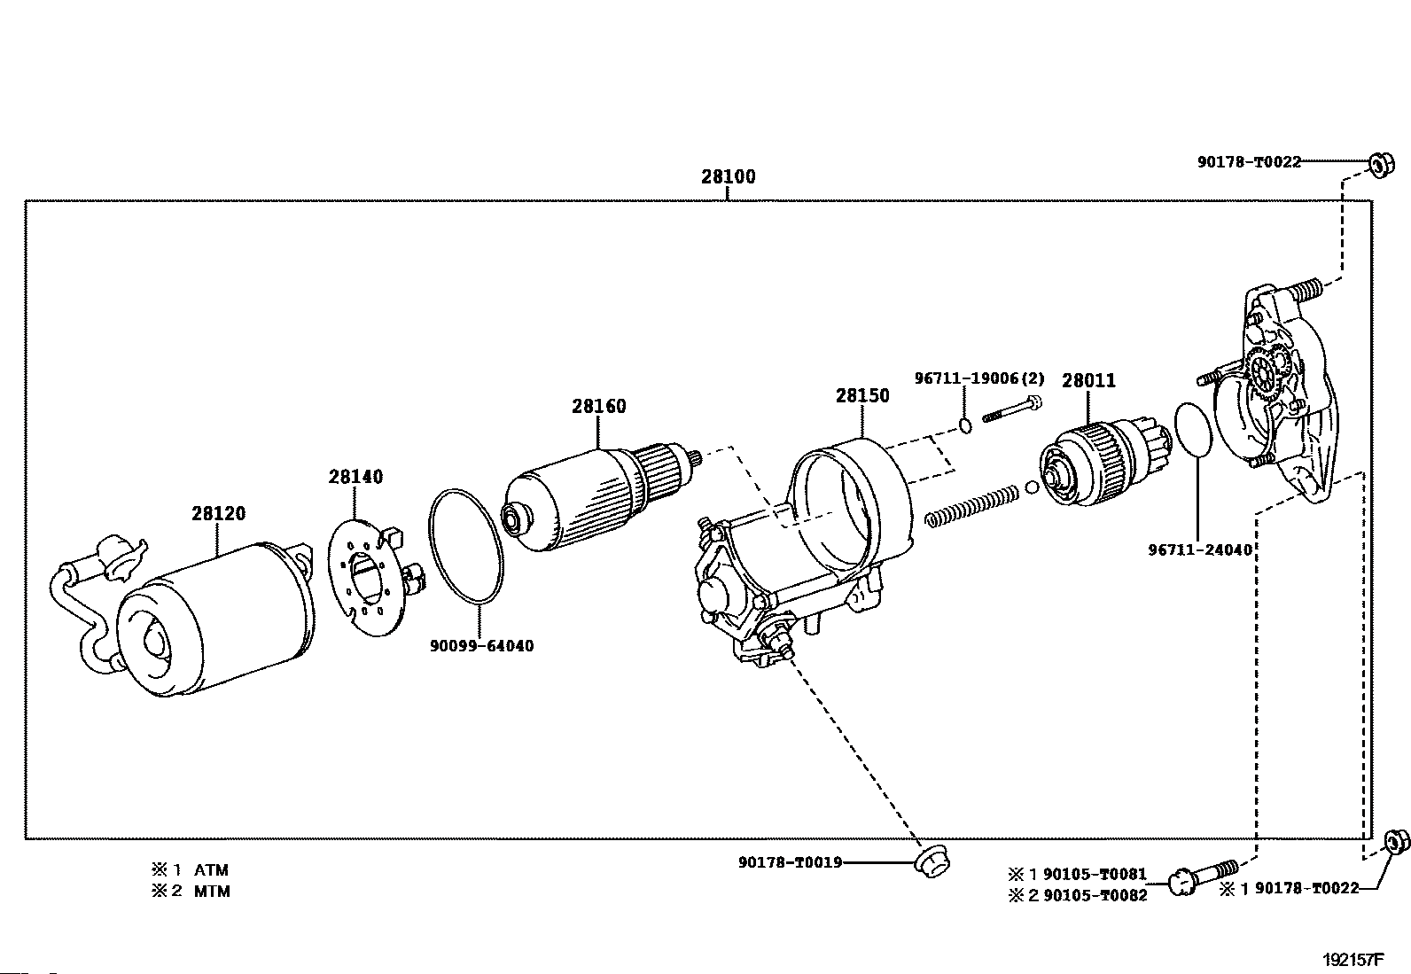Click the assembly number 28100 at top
[x=729, y=176]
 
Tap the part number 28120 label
[x=218, y=513]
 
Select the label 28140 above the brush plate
[x=355, y=477]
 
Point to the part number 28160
[x=598, y=406]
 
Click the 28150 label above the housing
[x=861, y=395]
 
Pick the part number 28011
[x=1088, y=380]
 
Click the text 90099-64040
[x=482, y=646]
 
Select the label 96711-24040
[x=1200, y=549]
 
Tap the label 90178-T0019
[x=790, y=861]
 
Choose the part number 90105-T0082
[x=1095, y=895]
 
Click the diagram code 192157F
[x=1353, y=959]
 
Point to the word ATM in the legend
[x=211, y=870]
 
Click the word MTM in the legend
[x=212, y=892]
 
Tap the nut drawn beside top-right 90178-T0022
[x=1380, y=165]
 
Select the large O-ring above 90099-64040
[x=467, y=545]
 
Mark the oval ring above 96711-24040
[x=1193, y=431]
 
